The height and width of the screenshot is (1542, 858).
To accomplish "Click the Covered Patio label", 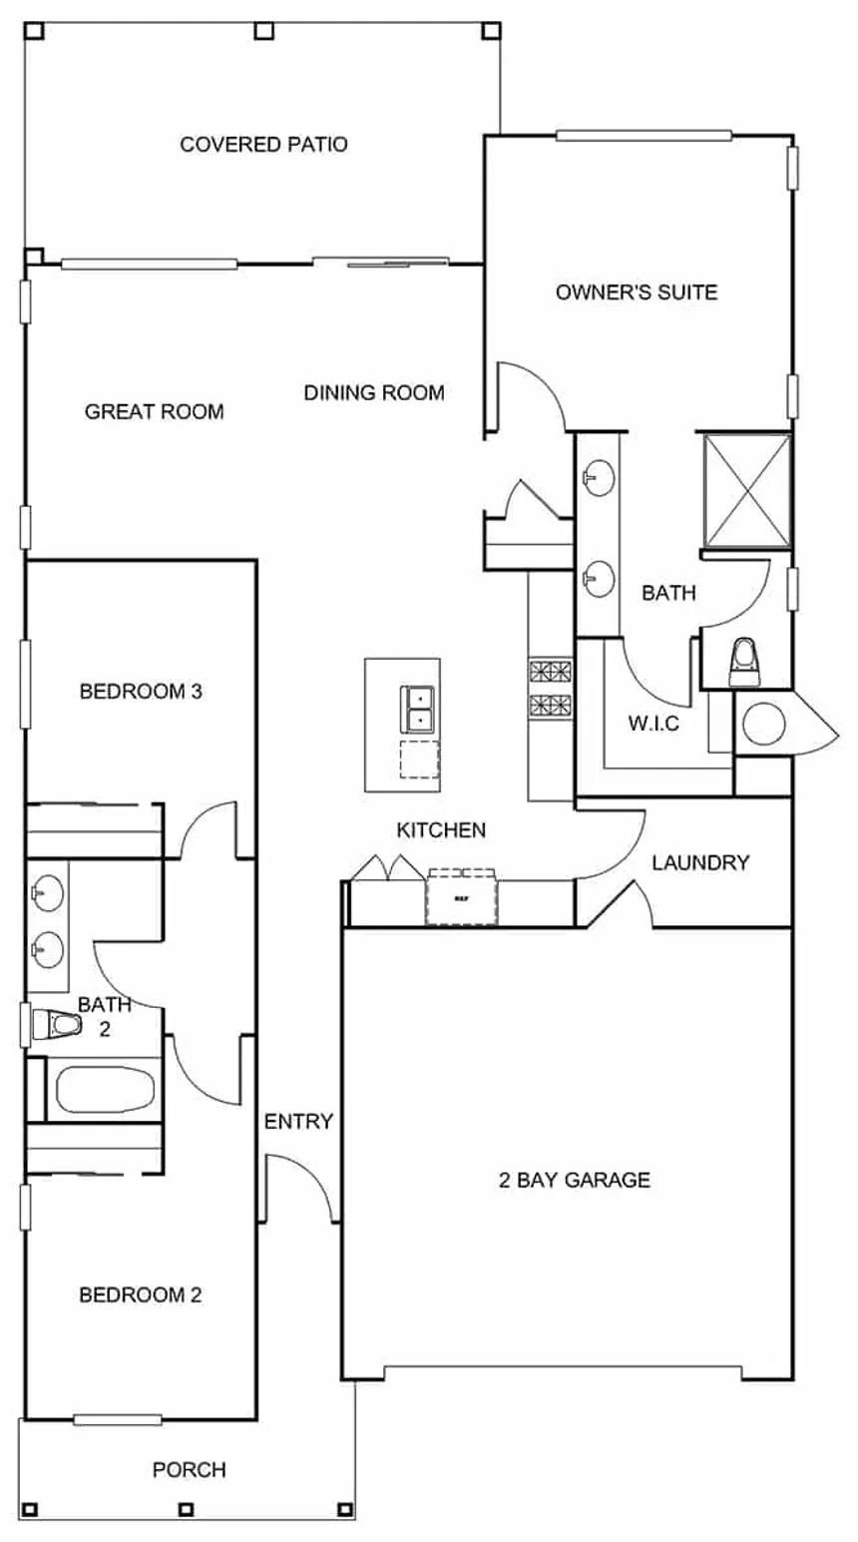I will pyautogui.click(x=263, y=145).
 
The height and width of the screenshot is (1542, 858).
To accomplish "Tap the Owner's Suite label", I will pyautogui.click(x=637, y=292).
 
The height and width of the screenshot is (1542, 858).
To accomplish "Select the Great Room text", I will pyautogui.click(x=154, y=411).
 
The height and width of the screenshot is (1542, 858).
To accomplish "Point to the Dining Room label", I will pyautogui.click(x=374, y=393).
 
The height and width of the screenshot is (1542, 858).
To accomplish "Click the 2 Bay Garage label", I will pyautogui.click(x=574, y=1181).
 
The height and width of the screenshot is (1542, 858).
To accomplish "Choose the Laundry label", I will pyautogui.click(x=700, y=863).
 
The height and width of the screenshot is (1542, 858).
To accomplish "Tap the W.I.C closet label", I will pyautogui.click(x=653, y=724).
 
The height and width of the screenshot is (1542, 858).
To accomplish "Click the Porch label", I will pyautogui.click(x=189, y=1470).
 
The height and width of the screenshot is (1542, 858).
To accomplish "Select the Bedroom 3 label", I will pyautogui.click(x=141, y=691).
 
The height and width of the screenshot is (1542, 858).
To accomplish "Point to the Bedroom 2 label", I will pyautogui.click(x=140, y=1295).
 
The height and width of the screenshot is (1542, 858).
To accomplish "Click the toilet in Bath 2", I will pyautogui.click(x=56, y=1025).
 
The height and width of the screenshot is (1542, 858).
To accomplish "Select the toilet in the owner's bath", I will pyautogui.click(x=744, y=662).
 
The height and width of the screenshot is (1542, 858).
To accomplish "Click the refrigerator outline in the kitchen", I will pyautogui.click(x=461, y=898).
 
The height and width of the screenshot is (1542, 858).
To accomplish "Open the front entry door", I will pyautogui.click(x=299, y=1188).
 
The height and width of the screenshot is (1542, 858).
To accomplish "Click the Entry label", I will pyautogui.click(x=298, y=1122).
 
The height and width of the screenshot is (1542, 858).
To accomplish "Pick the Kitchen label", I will pyautogui.click(x=441, y=830).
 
